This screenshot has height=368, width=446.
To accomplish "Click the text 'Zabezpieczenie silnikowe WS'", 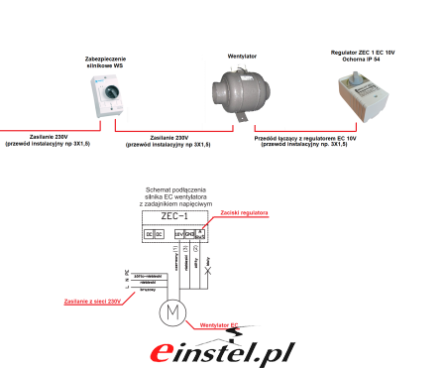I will pyautogui.click(x=105, y=62).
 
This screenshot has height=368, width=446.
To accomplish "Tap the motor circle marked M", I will pyautogui.click(x=172, y=313).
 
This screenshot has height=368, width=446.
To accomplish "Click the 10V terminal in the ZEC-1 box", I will pyautogui.click(x=178, y=234).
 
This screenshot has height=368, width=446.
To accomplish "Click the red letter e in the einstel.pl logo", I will pyautogui.click(x=162, y=353).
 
